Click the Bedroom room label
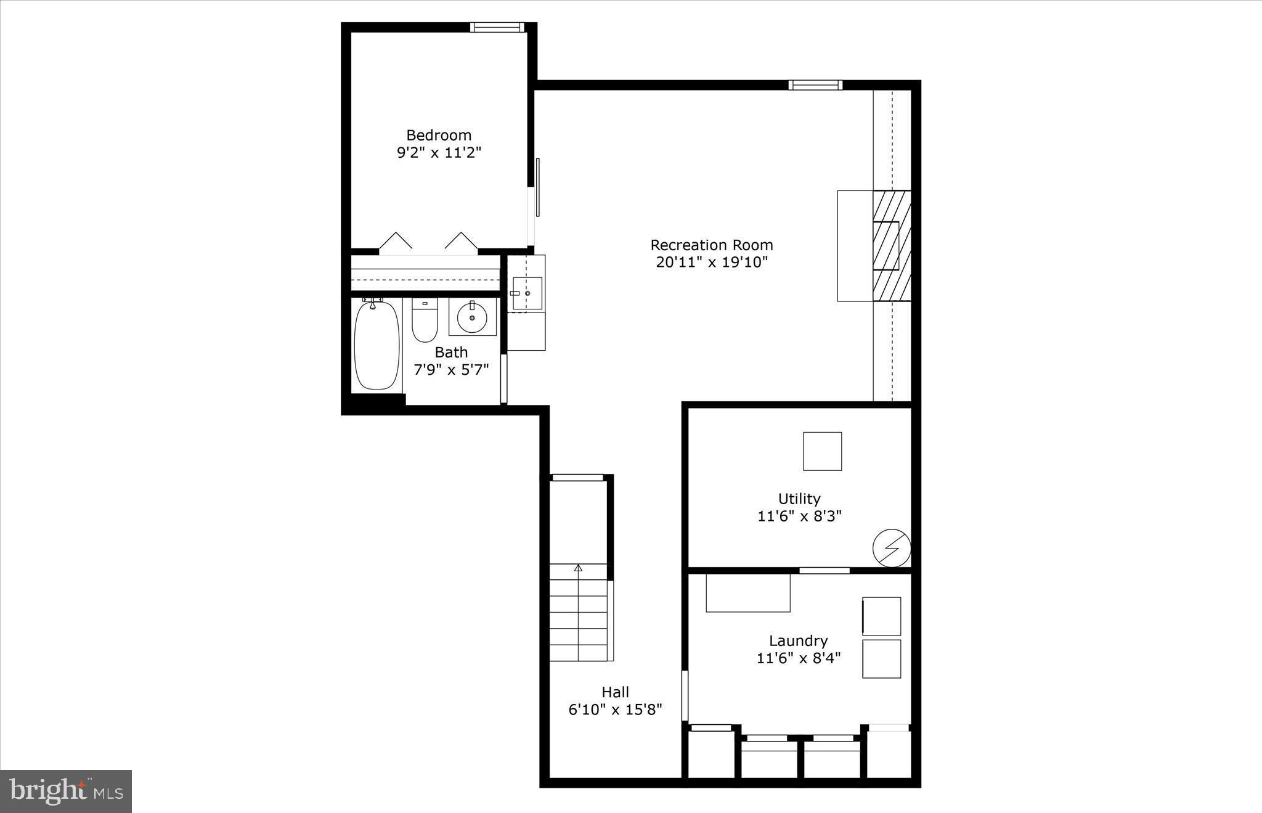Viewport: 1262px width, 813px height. pyautogui.click(x=438, y=135)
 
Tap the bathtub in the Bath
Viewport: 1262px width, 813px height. pyautogui.click(x=377, y=345)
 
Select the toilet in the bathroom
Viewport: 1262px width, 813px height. pyautogui.click(x=425, y=321)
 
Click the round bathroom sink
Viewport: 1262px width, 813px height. pyautogui.click(x=472, y=317)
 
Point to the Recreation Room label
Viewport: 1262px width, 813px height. pyautogui.click(x=712, y=245)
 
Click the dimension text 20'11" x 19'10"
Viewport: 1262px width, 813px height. pyautogui.click(x=712, y=263)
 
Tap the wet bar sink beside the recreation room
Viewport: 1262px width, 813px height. pyautogui.click(x=527, y=293)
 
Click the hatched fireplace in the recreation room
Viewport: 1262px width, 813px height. pyautogui.click(x=892, y=245)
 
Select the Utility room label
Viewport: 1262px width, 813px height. pyautogui.click(x=799, y=499)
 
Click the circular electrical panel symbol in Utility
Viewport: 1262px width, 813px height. pyautogui.click(x=892, y=547)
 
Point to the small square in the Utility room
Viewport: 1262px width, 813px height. pyautogui.click(x=822, y=451)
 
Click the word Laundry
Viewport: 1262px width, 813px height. pyautogui.click(x=798, y=641)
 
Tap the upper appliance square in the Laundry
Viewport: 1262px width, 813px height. pyautogui.click(x=881, y=616)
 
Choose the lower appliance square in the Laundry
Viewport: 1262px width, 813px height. pyautogui.click(x=881, y=659)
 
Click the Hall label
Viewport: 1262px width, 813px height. pyautogui.click(x=615, y=692)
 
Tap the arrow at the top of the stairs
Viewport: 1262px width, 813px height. pyautogui.click(x=578, y=568)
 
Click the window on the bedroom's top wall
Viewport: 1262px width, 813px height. pyautogui.click(x=497, y=27)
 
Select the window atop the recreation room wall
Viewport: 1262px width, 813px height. pyautogui.click(x=815, y=85)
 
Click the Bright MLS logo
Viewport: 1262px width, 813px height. pyautogui.click(x=66, y=791)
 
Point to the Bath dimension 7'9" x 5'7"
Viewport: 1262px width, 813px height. pyautogui.click(x=451, y=370)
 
